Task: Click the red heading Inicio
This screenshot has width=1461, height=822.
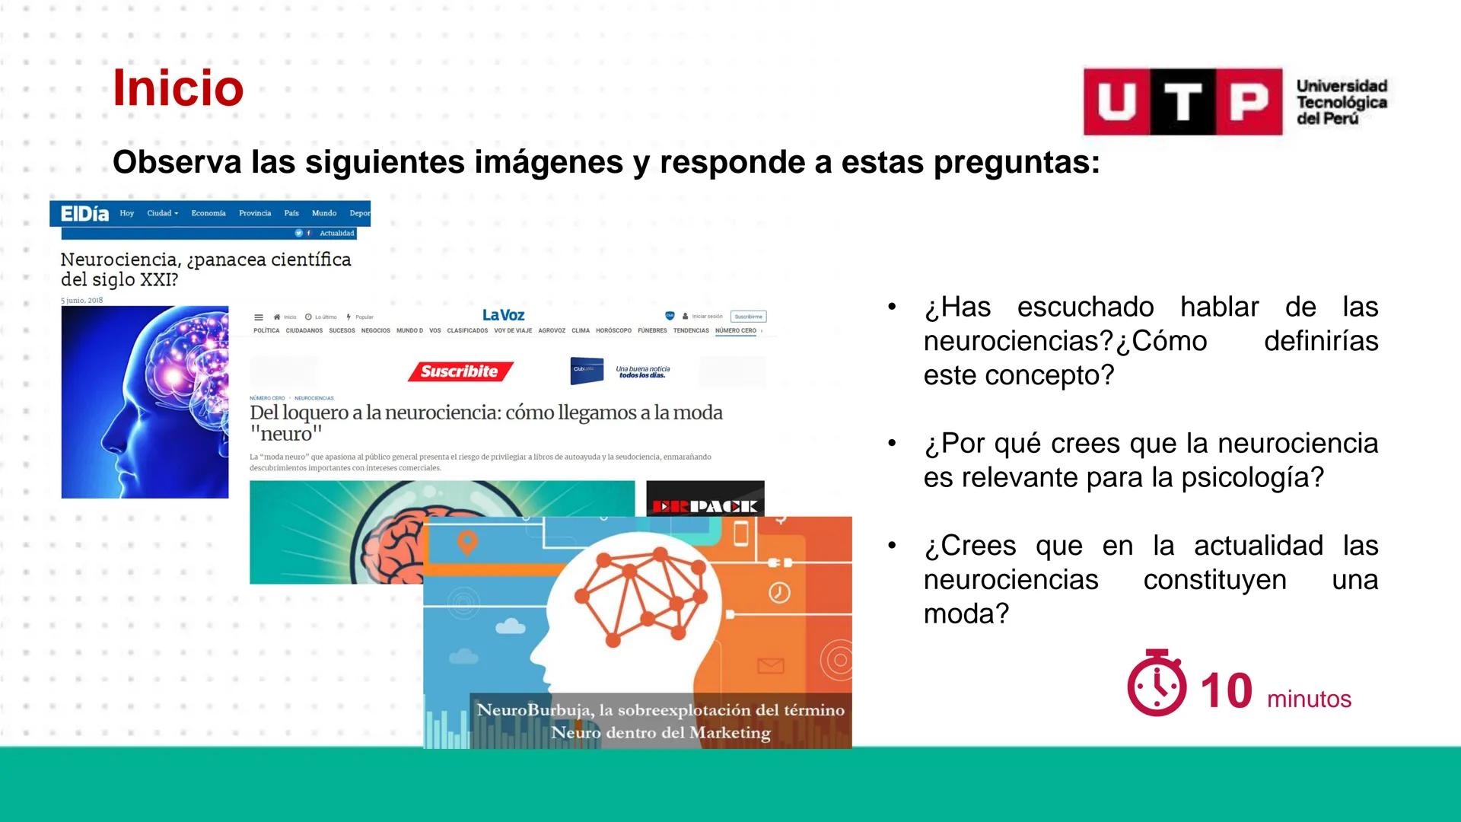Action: (178, 88)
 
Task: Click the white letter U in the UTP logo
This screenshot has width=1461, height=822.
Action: (1116, 102)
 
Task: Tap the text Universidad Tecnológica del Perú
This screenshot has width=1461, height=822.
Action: (1341, 102)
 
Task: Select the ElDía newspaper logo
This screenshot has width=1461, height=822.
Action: (84, 214)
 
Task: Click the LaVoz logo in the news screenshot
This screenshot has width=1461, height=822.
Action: (503, 315)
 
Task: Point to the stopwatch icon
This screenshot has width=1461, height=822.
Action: (1156, 683)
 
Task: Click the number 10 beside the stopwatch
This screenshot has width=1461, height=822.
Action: (1226, 691)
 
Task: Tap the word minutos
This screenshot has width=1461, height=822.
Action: (1309, 699)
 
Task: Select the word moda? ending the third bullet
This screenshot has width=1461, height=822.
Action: (966, 613)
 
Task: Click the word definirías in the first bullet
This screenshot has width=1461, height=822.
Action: (1320, 341)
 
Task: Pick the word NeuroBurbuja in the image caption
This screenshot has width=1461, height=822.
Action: (533, 710)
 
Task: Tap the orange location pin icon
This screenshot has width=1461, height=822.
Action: (467, 543)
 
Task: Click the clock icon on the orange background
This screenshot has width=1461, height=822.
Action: (778, 592)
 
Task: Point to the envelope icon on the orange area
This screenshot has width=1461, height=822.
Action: (770, 666)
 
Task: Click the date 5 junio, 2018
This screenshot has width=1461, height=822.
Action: (81, 300)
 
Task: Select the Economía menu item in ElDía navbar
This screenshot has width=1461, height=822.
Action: (208, 213)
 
